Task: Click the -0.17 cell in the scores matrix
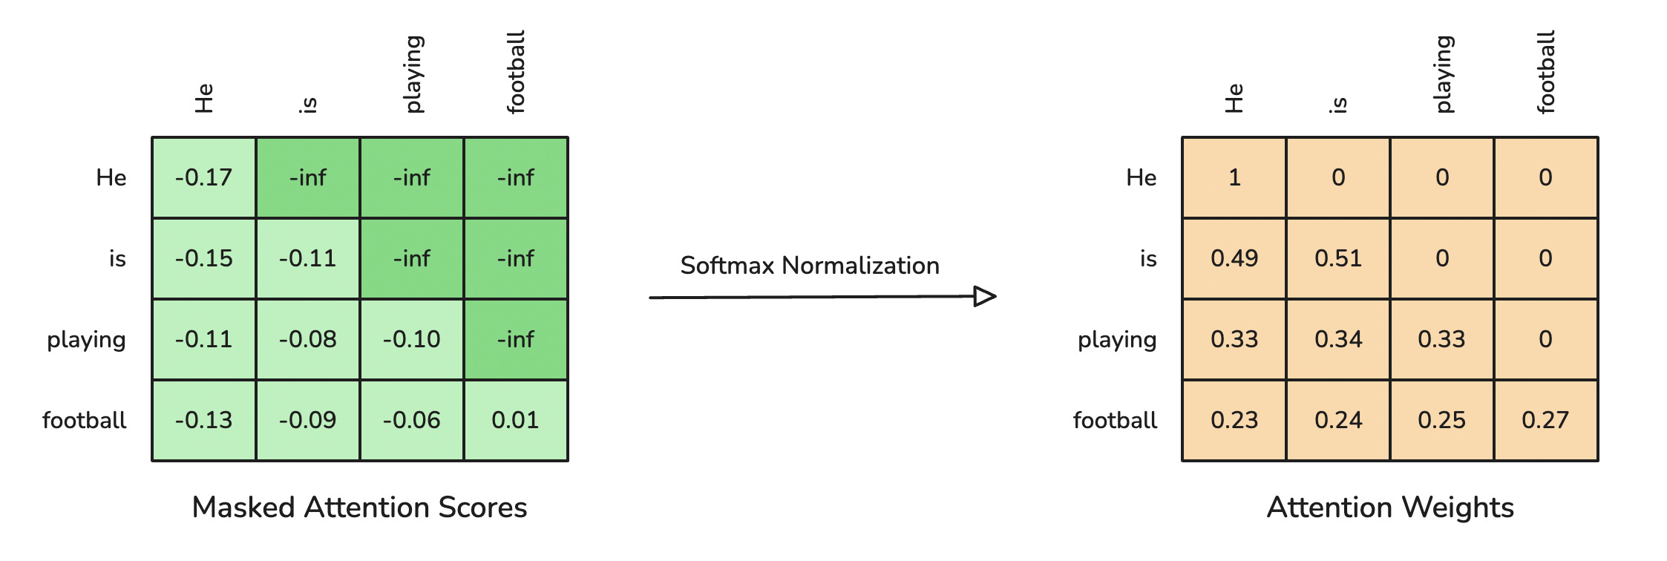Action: pyautogui.click(x=204, y=177)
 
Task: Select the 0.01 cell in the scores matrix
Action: pyautogui.click(x=516, y=420)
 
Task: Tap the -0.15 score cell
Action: pyautogui.click(x=204, y=258)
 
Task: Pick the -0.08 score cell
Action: pyautogui.click(x=308, y=339)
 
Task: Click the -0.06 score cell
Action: pyautogui.click(x=412, y=420)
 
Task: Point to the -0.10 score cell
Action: pyautogui.click(x=412, y=339)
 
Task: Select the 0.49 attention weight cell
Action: pyautogui.click(x=1234, y=258)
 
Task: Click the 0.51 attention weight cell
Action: pyautogui.click(x=1338, y=258)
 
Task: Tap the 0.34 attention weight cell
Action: pyautogui.click(x=1338, y=339)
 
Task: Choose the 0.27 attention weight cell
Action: pyautogui.click(x=1545, y=420)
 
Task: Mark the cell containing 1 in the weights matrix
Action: pyautogui.click(x=1234, y=177)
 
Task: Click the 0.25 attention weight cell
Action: pyautogui.click(x=1441, y=420)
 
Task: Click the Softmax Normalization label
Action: pyautogui.click(x=810, y=266)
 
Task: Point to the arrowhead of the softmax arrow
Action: pyautogui.click(x=986, y=297)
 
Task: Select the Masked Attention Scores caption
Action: pyautogui.click(x=359, y=508)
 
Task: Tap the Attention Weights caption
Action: pyautogui.click(x=1390, y=508)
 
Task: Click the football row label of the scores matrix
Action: pyautogui.click(x=84, y=420)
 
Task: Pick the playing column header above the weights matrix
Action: pyautogui.click(x=1444, y=74)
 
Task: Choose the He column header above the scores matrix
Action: pyautogui.click(x=204, y=98)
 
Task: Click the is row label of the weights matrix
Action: pyautogui.click(x=1148, y=258)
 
